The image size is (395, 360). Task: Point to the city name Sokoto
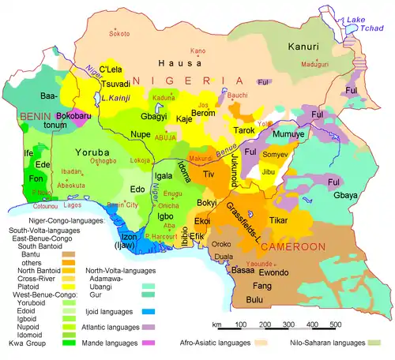pyautogui.click(x=119, y=34)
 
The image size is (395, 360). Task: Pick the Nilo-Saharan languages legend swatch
pyautogui.click(x=382, y=343)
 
